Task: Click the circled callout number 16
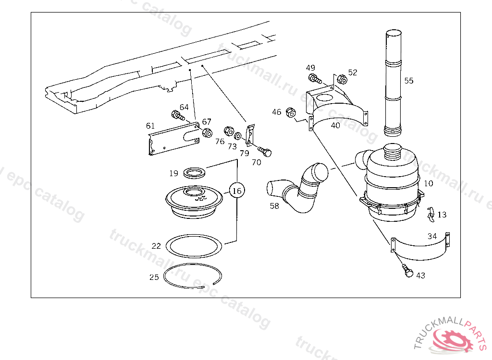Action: point(237,191)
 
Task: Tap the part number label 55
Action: point(408,81)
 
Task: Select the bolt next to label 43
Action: point(407,271)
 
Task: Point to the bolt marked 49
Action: point(315,78)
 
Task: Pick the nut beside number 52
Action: point(342,79)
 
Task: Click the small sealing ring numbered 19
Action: point(194,173)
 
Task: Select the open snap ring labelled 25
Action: point(193,276)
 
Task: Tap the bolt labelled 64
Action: point(178,115)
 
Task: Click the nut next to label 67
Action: point(207,133)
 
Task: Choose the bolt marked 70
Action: point(265,152)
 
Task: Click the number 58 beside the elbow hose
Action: point(274,206)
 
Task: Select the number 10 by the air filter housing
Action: point(428,183)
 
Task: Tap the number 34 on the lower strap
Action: point(432,236)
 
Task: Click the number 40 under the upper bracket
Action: point(335,125)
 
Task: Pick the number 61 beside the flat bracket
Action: point(150,126)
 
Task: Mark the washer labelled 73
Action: point(238,136)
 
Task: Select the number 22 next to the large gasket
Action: point(156,246)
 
